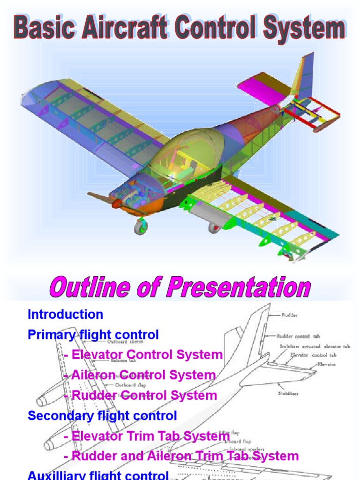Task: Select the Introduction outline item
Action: [x=65, y=314]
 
